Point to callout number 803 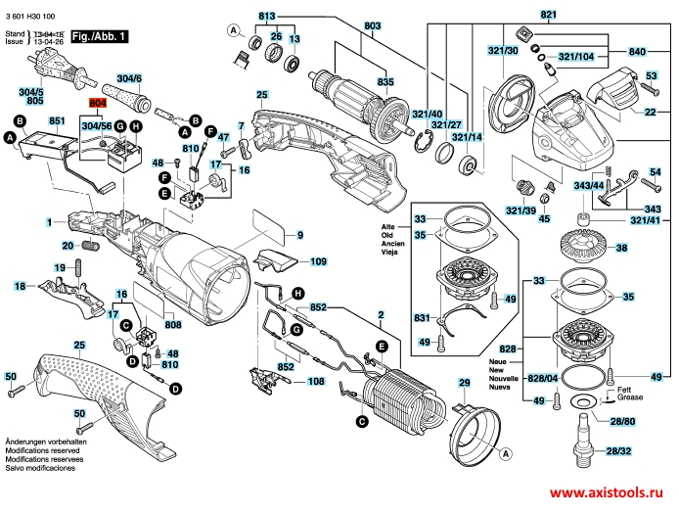point(345,25)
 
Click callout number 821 point(548,15)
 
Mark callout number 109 point(318,262)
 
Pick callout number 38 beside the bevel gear point(618,250)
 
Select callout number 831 point(422,318)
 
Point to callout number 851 point(57,120)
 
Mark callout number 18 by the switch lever point(20,286)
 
